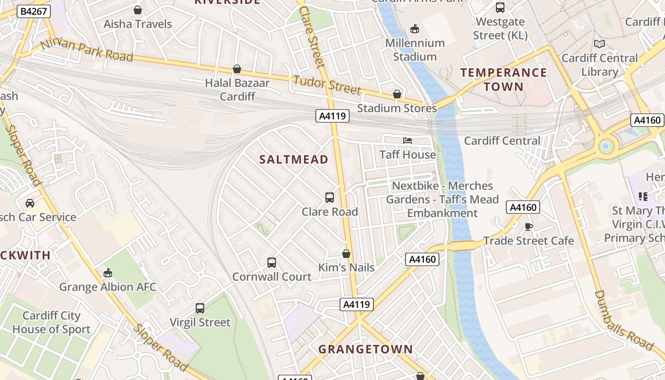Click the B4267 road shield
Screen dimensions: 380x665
(33, 11)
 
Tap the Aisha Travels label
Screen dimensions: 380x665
(138, 24)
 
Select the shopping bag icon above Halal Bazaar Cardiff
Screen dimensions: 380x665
(237, 69)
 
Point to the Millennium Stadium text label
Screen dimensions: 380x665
(415, 49)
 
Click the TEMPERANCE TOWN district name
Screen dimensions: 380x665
(503, 79)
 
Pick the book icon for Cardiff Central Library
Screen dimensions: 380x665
(599, 44)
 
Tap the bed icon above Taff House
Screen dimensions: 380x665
(408, 140)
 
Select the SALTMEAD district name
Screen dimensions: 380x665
(294, 160)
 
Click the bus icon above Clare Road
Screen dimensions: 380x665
(330, 197)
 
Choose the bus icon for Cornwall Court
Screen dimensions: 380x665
(272, 262)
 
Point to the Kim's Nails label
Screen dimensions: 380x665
(346, 267)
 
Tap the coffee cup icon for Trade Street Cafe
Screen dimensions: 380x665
(528, 227)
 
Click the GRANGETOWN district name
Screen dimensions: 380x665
(365, 349)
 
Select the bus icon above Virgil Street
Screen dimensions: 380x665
(200, 308)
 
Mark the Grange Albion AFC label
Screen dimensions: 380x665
(107, 287)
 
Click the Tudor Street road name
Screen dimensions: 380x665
(327, 85)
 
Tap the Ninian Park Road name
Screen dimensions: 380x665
(87, 50)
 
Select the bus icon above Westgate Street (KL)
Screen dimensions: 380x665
(500, 8)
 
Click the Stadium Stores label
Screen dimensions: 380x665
(397, 108)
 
